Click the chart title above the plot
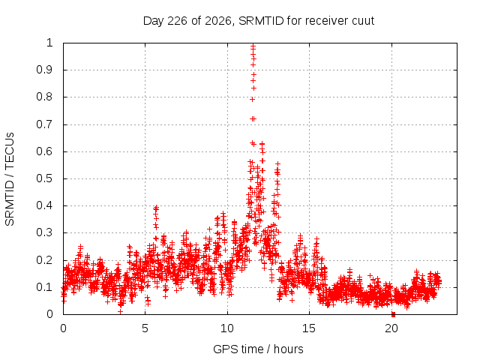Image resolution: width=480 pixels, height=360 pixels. point(259,21)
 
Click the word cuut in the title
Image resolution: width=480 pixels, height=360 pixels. point(363,22)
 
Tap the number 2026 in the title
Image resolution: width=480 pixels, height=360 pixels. point(217,21)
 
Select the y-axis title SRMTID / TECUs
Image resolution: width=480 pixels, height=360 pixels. point(10,179)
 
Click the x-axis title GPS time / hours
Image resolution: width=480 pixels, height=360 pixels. point(258,349)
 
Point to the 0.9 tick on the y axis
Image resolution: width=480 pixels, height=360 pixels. point(44,70)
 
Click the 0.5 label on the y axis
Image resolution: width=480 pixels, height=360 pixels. point(44,178)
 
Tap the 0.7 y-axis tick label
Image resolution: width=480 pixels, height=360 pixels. point(44,124)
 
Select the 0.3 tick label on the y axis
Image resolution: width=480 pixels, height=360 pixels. point(44,232)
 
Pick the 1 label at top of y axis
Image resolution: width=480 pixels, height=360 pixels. point(49,43)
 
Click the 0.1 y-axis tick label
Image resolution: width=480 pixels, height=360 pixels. point(44,287)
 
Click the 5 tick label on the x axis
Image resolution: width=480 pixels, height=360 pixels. point(145,328)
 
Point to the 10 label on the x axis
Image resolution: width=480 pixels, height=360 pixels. point(227,328)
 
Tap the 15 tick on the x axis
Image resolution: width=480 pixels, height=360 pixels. point(309,328)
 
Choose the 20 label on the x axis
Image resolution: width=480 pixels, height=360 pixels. point(391,328)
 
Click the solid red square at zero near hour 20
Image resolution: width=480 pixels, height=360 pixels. point(393,314)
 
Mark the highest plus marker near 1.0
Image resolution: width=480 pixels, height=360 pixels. point(253,46)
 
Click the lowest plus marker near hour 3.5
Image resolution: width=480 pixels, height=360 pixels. point(120,312)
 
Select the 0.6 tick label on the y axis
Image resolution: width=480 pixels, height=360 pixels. point(44,151)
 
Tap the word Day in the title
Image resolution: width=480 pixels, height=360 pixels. point(154,22)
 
